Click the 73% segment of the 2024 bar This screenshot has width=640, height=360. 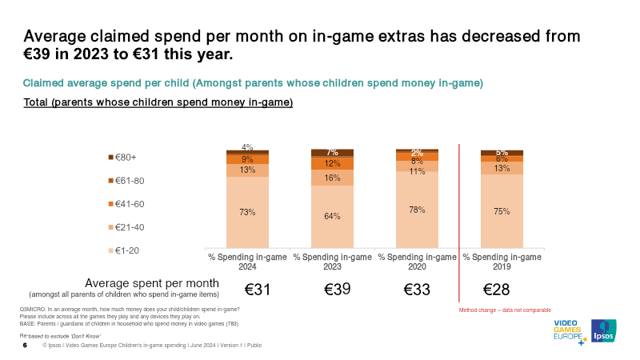point(247,212)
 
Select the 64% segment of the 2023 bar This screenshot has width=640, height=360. point(332,216)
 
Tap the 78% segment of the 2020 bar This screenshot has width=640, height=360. point(417,210)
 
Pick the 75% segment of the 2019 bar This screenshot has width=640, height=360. point(502,211)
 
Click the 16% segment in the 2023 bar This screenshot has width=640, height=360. point(332,178)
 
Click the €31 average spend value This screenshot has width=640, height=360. point(258,290)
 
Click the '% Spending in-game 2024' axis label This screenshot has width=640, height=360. point(247,262)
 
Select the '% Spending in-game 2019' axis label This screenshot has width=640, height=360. point(502,262)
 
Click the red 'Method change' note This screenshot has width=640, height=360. point(505,310)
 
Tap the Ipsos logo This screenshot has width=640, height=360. point(603,332)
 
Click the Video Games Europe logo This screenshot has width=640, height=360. point(570,332)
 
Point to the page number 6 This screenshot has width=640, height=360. point(25,346)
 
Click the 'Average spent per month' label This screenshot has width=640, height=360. point(152,283)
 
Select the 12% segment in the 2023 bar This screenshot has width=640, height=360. point(332,163)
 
